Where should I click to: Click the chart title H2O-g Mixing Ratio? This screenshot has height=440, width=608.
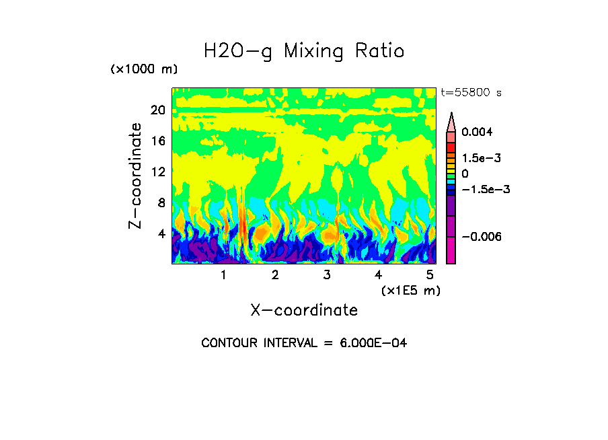tap(304, 51)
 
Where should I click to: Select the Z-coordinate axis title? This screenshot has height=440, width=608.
tap(136, 176)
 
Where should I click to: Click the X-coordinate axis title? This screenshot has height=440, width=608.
tap(304, 310)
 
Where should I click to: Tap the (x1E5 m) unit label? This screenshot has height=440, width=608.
tap(410, 290)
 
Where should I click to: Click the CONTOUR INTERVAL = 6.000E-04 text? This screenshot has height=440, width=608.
tap(304, 343)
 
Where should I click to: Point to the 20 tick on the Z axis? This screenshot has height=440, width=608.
tap(157, 110)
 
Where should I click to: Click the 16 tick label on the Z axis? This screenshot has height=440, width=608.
tap(157, 141)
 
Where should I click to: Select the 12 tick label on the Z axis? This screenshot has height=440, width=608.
tap(157, 172)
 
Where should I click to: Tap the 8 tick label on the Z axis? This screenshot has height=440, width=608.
tap(161, 203)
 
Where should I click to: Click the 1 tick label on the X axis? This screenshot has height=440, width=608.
tap(223, 275)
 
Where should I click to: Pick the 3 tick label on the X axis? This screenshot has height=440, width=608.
tap(326, 275)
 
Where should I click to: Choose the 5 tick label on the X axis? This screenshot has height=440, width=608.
tap(429, 275)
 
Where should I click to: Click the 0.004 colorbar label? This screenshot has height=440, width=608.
tap(478, 132)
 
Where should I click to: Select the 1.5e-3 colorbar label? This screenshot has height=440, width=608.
tap(482, 158)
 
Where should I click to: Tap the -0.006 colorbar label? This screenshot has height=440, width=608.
tap(482, 237)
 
